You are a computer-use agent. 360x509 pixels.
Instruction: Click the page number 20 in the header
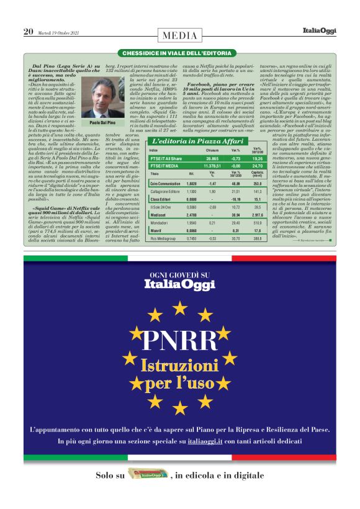click(x=28, y=31)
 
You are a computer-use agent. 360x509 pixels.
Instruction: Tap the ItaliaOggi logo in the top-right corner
click(x=320, y=30)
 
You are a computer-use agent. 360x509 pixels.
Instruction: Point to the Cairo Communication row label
click(x=166, y=184)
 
